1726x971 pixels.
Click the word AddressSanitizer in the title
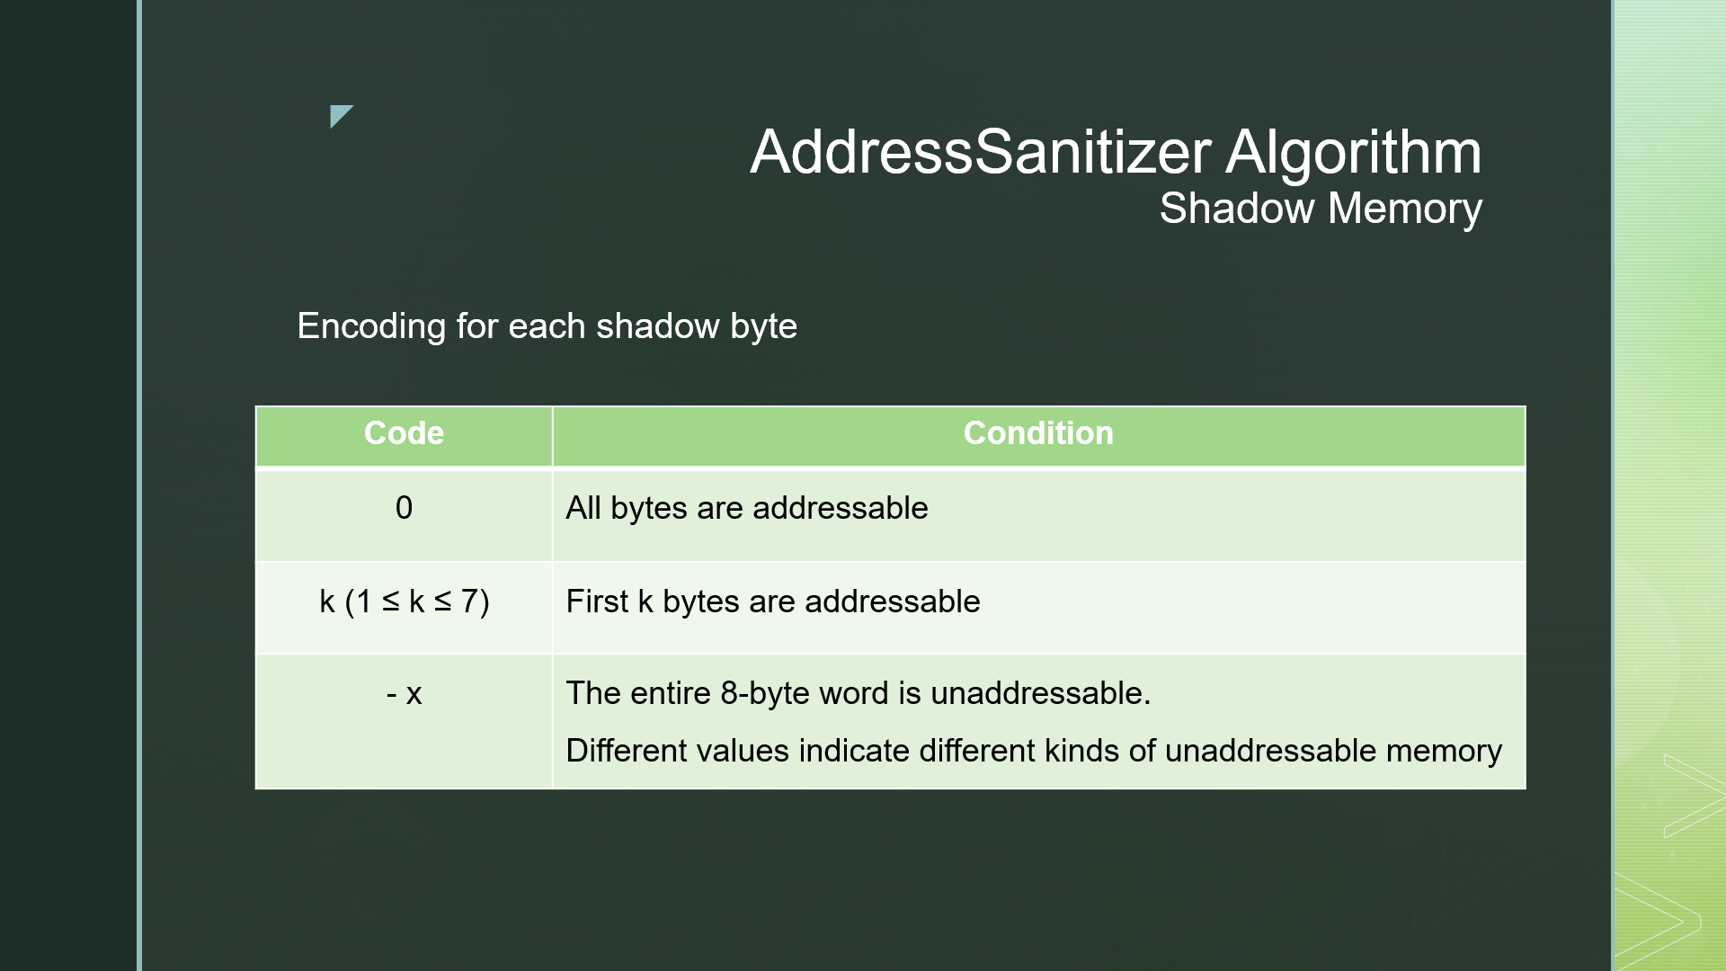pyautogui.click(x=980, y=151)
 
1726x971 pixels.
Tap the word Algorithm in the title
pyautogui.click(x=1353, y=151)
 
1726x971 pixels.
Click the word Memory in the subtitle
pyautogui.click(x=1404, y=209)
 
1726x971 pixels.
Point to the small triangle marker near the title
pyautogui.click(x=339, y=114)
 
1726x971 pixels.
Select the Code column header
pyautogui.click(x=404, y=433)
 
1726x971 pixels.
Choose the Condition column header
pyautogui.click(x=1038, y=433)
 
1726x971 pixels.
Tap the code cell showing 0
pyautogui.click(x=404, y=508)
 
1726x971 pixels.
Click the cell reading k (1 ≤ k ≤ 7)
pyautogui.click(x=404, y=601)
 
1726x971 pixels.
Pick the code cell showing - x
pyautogui.click(x=404, y=694)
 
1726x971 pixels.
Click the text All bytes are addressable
pyautogui.click(x=746, y=508)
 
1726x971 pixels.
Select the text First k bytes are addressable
pyautogui.click(x=772, y=601)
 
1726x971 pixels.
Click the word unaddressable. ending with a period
pyautogui.click(x=1040, y=694)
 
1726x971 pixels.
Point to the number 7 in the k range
pyautogui.click(x=469, y=601)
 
